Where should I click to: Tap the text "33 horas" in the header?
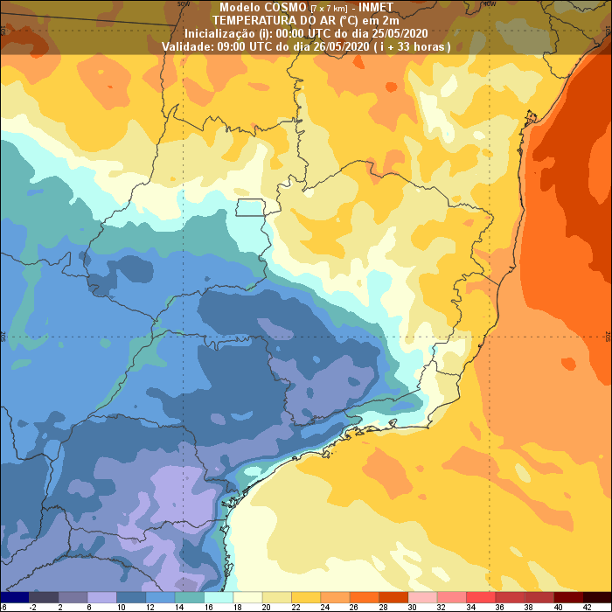[419, 45]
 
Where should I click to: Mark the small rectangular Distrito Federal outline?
[250, 208]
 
